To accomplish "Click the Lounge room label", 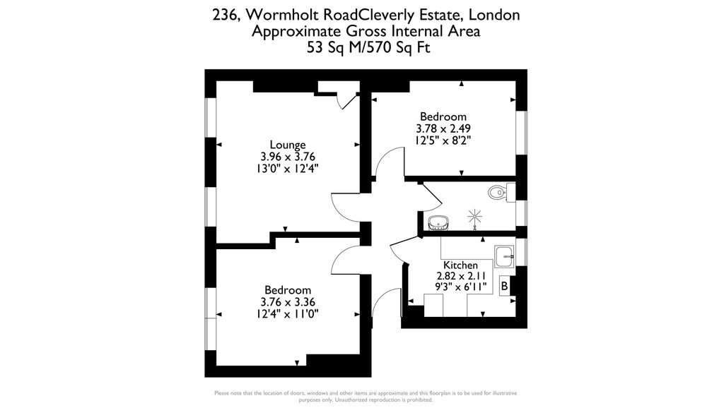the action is [288, 145].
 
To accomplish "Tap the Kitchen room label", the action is [460, 265].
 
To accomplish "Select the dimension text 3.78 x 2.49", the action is [443, 128].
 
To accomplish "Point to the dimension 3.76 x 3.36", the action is [288, 302].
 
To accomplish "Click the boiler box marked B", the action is [505, 286].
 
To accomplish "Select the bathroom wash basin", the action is [436, 223].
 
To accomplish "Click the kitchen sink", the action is [504, 256].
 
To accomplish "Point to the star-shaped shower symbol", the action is [474, 217].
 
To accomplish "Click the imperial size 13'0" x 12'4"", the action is [288, 169].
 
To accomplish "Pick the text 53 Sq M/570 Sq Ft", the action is [368, 47].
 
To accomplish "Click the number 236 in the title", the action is [226, 16].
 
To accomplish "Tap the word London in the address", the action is [494, 15].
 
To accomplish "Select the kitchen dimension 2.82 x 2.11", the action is [461, 276].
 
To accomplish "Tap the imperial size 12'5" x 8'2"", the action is [443, 140].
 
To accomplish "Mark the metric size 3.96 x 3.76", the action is [288, 157].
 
